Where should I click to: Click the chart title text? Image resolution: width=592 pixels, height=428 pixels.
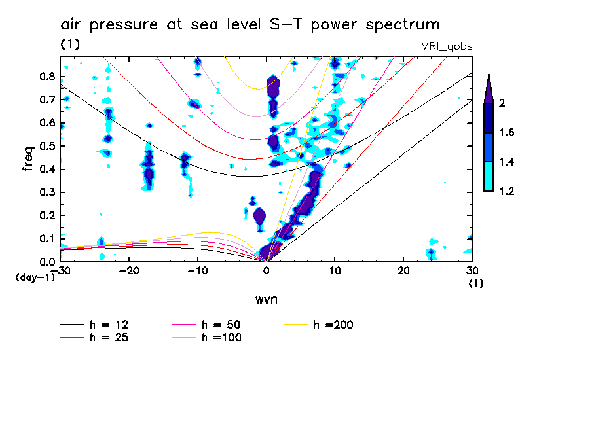250,26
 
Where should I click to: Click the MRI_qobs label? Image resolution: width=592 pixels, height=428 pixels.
447,46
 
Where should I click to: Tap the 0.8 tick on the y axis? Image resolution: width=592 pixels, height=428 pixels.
46,76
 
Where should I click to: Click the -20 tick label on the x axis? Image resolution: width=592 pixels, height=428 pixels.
129,270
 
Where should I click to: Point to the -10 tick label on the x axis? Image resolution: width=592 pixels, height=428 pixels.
198,270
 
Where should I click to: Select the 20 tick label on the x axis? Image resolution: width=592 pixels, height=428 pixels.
403,270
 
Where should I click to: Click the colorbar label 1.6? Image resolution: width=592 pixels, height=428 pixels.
507,133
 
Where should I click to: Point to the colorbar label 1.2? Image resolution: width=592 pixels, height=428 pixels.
507,191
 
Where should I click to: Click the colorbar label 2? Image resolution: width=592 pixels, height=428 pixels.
503,103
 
